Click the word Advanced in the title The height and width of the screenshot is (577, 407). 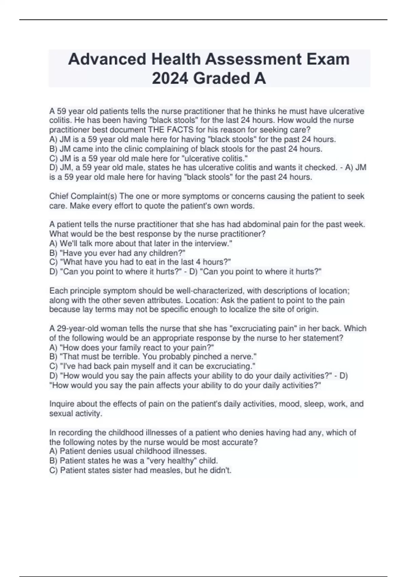click(107, 59)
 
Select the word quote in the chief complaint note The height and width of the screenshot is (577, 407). click(164, 206)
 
